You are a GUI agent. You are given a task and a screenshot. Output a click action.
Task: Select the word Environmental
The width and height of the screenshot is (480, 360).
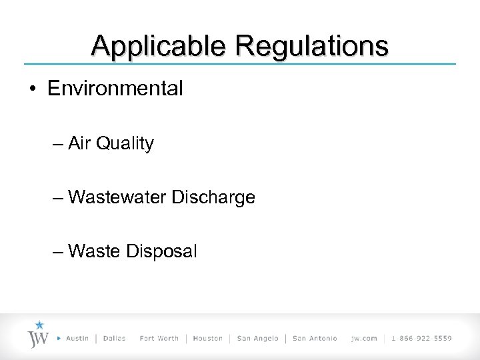tap(115, 89)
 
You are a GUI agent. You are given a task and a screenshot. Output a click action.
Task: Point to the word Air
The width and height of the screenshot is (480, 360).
tap(80, 143)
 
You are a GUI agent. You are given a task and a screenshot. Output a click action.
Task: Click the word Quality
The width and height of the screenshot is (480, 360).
tap(125, 144)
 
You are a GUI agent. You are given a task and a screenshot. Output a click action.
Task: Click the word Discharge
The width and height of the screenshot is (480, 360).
tap(213, 198)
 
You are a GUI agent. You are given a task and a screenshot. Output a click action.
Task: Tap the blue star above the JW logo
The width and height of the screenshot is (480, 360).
tap(39, 325)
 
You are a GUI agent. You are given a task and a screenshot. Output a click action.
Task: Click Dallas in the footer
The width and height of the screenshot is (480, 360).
tap(115, 338)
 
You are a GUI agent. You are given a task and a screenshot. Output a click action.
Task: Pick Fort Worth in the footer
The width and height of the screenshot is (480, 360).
tap(159, 338)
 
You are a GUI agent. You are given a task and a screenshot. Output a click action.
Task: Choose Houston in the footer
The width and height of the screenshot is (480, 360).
tap(208, 338)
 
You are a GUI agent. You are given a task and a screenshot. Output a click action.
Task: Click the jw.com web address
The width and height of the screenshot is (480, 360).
tap(364, 338)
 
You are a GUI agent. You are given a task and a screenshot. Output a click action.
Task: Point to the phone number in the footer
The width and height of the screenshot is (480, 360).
tap(422, 338)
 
